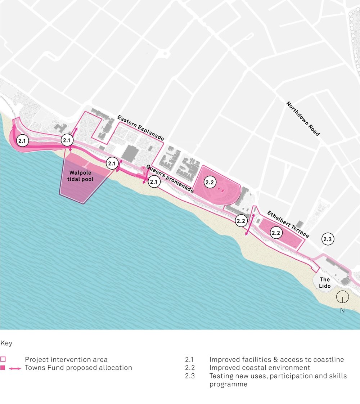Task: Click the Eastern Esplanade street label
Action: [140, 128]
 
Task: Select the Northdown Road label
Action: [303, 118]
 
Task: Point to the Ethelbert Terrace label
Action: [288, 224]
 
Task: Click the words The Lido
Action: [325, 283]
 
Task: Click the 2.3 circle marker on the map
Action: [328, 239]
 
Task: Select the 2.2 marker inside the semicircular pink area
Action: [210, 183]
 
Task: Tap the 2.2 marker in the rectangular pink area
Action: [276, 233]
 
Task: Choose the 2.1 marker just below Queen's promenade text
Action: [154, 182]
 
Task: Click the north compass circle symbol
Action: [342, 297]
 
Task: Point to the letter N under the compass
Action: [342, 310]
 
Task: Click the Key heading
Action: [6, 343]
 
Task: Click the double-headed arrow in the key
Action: [15, 368]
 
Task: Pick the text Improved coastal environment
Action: [260, 368]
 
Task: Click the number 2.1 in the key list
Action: [189, 359]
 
